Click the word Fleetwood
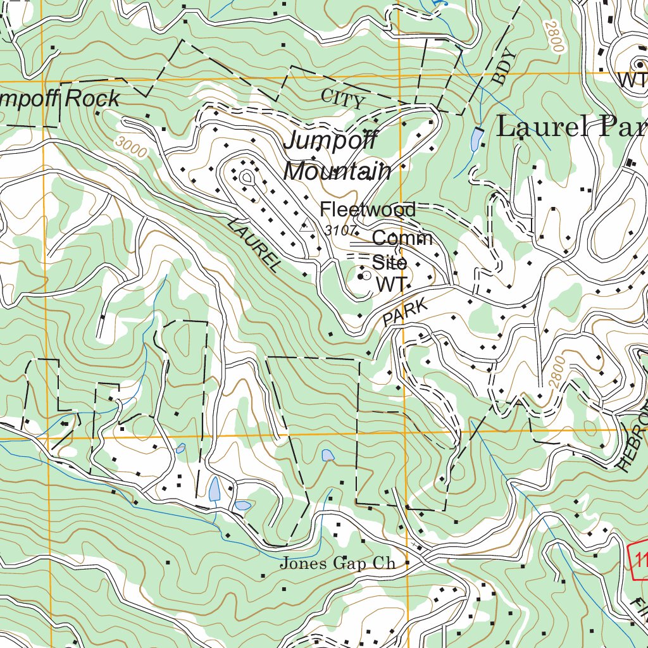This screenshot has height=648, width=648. tap(368, 209)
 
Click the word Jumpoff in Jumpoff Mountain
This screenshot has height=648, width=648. tap(330, 140)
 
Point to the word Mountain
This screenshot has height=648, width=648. tap(337, 171)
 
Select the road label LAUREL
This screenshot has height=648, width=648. tap(253, 245)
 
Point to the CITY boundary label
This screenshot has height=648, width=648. tap(343, 99)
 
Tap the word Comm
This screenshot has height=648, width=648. tap(402, 239)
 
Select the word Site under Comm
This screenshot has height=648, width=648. tap(389, 261)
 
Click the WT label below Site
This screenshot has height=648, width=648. tap(390, 284)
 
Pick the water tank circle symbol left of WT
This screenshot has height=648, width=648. tap(364, 277)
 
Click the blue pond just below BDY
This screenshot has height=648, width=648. tap(476, 140)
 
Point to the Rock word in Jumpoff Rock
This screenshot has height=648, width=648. tap(92, 99)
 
